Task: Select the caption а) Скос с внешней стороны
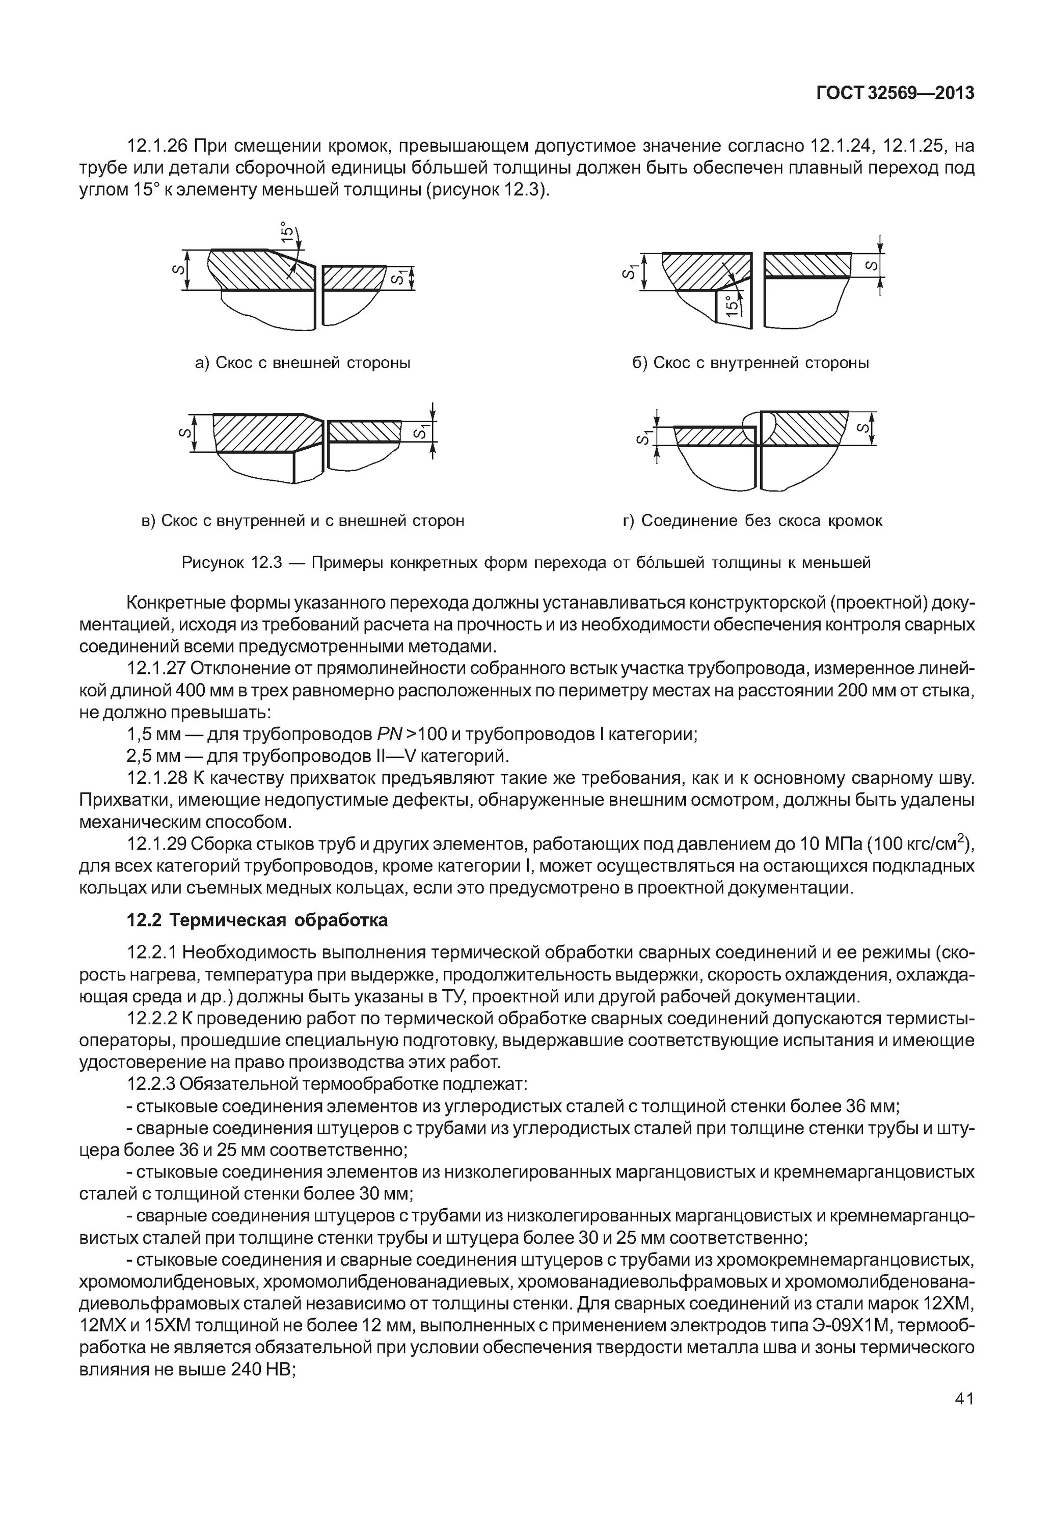point(303,363)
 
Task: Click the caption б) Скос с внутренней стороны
point(751,363)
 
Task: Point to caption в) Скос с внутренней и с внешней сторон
point(303,521)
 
